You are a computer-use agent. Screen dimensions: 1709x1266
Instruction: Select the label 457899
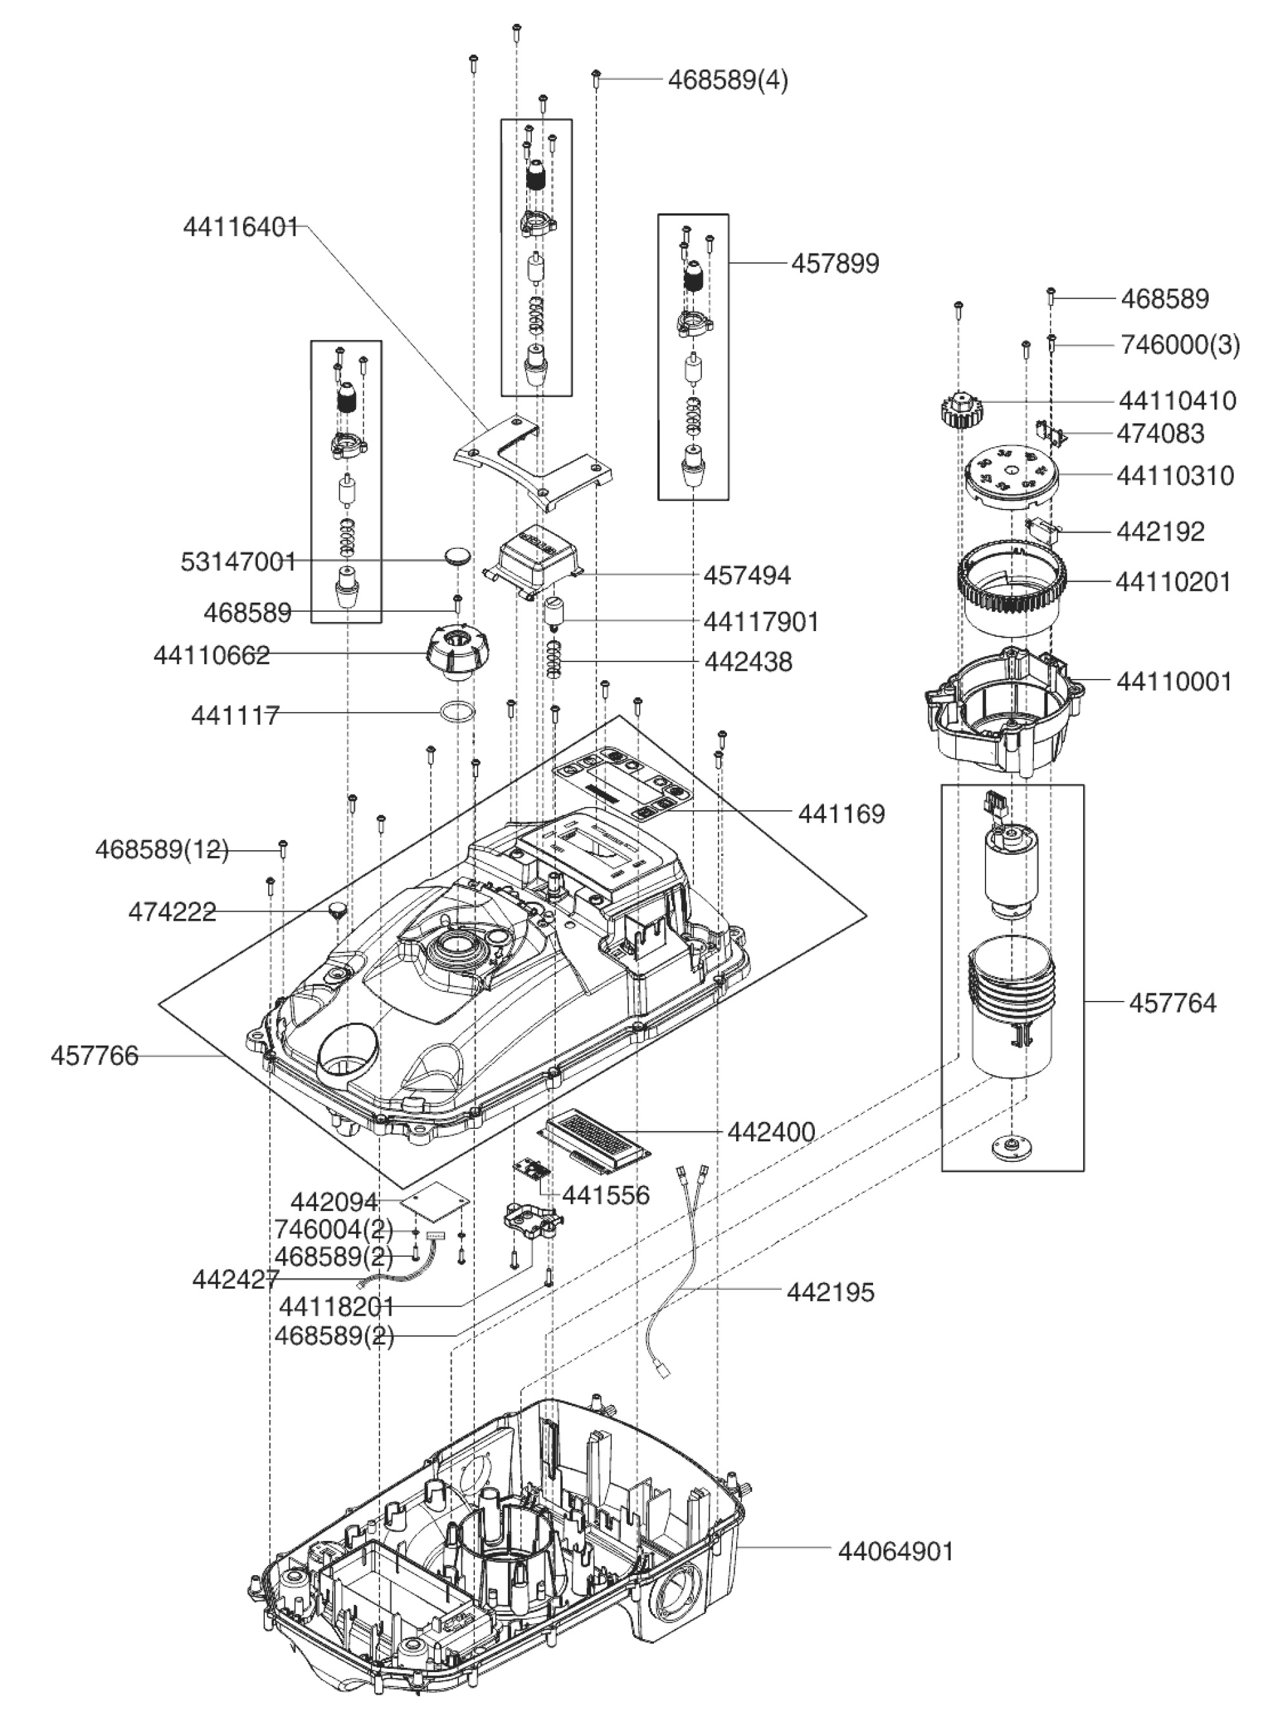(834, 264)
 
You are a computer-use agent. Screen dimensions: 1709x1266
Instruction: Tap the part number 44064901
(896, 1551)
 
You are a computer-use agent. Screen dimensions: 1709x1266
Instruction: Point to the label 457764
(1172, 1002)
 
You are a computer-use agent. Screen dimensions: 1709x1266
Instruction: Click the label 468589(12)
(162, 850)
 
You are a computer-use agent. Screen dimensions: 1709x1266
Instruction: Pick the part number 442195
(830, 1292)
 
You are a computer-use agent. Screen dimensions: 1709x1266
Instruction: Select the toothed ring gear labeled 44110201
(1010, 589)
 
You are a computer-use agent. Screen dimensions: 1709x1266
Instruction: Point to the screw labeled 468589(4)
(596, 77)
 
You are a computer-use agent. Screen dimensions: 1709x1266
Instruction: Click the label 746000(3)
(1179, 345)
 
